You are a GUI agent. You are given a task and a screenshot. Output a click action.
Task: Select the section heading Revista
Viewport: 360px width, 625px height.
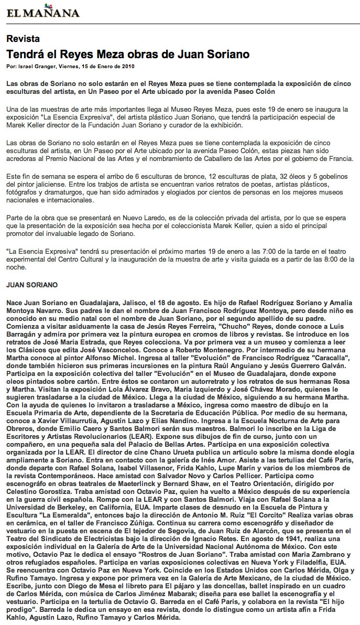pyautogui.click(x=23, y=38)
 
